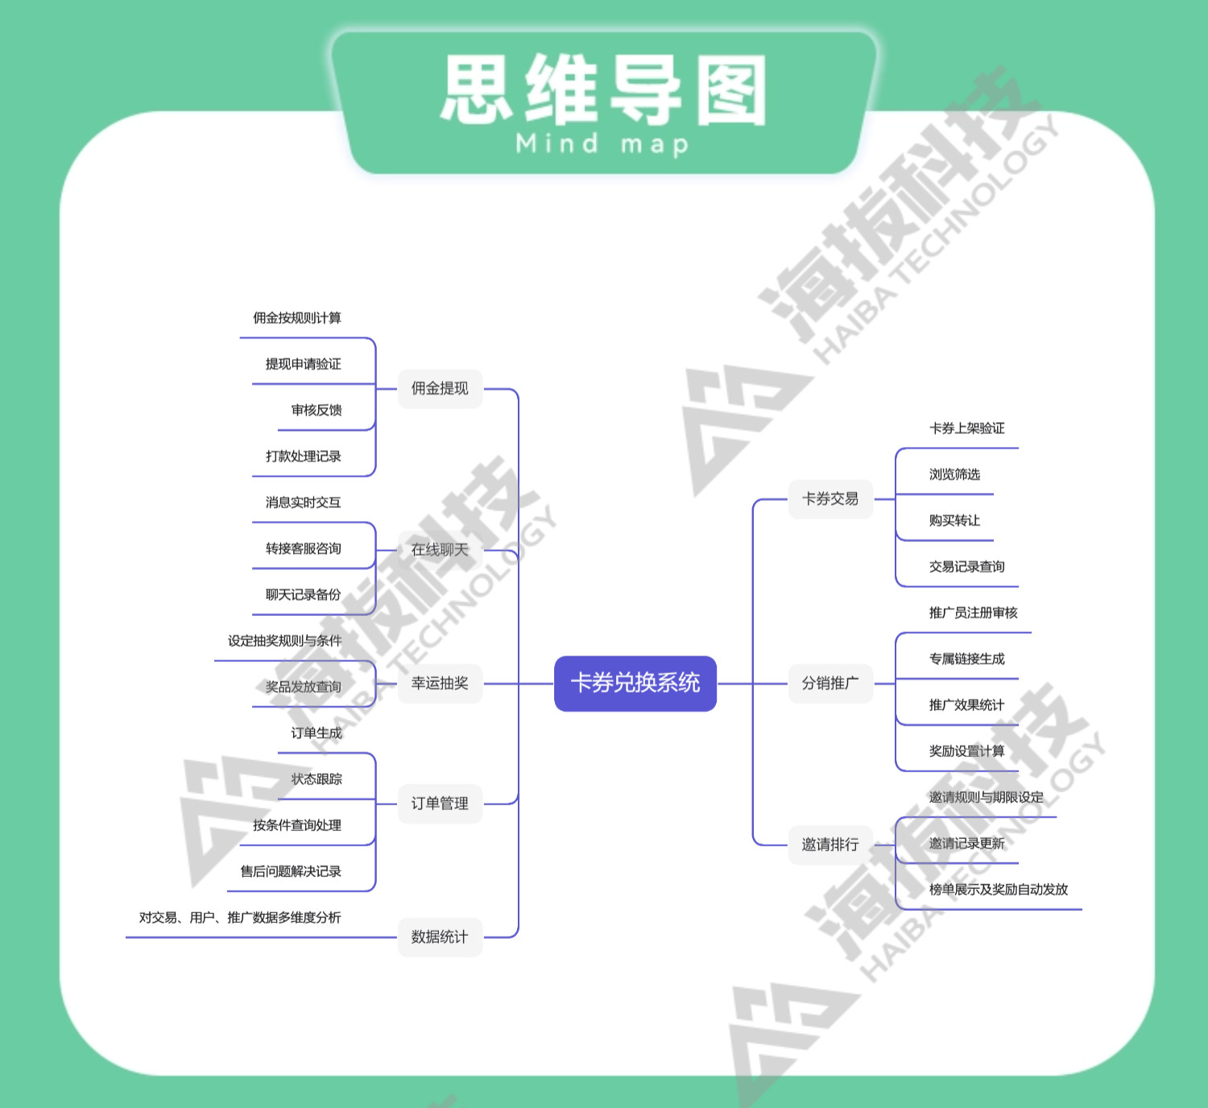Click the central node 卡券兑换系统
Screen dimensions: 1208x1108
[x=635, y=683]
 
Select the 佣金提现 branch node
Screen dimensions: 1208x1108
[x=440, y=389]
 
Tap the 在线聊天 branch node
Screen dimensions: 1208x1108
[x=440, y=550]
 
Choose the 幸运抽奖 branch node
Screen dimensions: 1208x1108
[x=440, y=684]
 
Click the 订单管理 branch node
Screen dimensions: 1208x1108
[x=440, y=804]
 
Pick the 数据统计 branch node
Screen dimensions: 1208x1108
[x=440, y=937]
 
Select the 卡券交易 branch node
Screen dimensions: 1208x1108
[x=830, y=499]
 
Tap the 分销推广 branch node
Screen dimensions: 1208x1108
[x=830, y=684]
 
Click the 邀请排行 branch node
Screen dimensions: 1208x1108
[x=830, y=845]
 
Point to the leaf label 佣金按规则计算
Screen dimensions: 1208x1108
[x=297, y=318]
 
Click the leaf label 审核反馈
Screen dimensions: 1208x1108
[x=316, y=411]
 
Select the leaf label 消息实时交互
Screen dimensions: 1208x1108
[x=304, y=502]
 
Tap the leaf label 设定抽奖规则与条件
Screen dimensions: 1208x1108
[x=284, y=641]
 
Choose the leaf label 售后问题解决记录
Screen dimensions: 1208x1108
[x=291, y=871]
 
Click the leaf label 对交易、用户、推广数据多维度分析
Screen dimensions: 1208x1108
[x=240, y=918]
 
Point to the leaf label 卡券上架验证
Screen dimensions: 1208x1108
[x=967, y=428]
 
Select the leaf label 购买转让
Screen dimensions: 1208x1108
[x=954, y=521]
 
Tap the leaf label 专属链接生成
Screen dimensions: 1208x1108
[x=967, y=659]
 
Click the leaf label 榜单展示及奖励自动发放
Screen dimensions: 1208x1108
[x=999, y=890]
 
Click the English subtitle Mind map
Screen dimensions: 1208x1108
[x=602, y=144]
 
